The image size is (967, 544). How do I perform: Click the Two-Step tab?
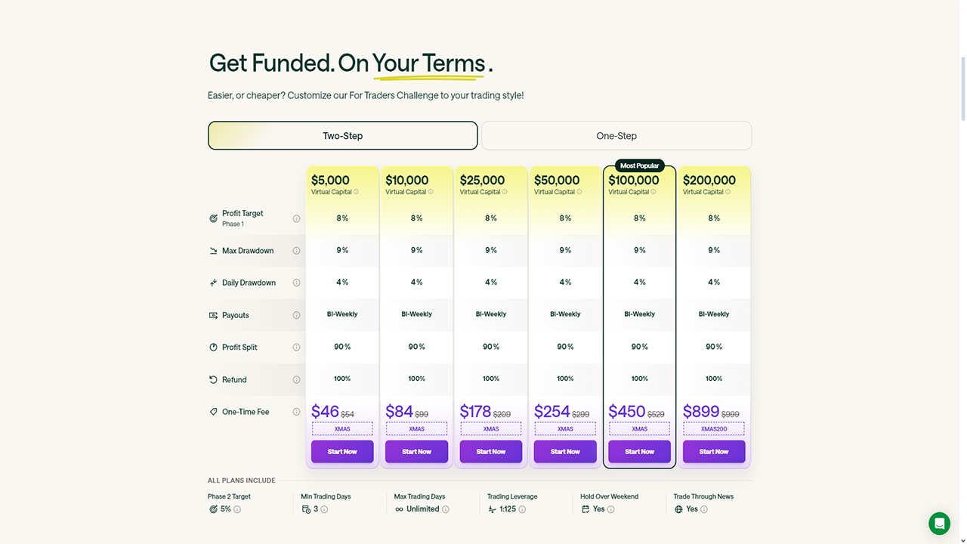click(342, 136)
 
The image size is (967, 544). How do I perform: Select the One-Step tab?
click(616, 136)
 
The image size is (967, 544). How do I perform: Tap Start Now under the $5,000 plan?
click(342, 452)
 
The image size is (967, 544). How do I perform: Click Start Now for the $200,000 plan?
click(714, 452)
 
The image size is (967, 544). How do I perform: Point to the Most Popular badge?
click(639, 165)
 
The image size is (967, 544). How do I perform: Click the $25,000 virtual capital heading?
click(482, 181)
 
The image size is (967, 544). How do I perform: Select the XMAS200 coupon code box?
click(714, 429)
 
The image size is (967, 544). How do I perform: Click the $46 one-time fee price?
click(325, 412)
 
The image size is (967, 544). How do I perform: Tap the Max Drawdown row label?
click(248, 251)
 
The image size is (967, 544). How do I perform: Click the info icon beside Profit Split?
click(296, 348)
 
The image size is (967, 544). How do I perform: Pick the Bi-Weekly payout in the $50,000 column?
click(565, 314)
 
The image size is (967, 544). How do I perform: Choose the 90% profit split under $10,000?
click(416, 347)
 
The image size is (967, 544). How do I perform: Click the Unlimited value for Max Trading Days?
click(422, 509)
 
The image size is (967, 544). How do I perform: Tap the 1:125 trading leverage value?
click(508, 509)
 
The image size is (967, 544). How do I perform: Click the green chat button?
click(940, 524)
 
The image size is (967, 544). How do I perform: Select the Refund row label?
click(234, 380)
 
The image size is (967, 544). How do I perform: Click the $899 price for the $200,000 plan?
click(701, 412)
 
